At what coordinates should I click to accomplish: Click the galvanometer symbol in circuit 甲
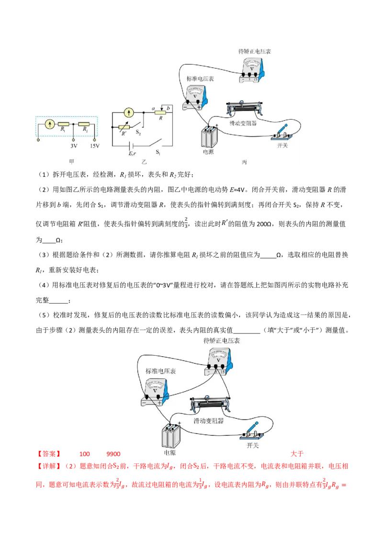tap(50, 124)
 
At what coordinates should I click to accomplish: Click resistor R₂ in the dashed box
tap(84, 124)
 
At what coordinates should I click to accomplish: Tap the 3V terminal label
tap(74, 146)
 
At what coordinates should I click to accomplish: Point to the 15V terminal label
tap(94, 146)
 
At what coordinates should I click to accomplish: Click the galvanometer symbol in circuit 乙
tap(129, 113)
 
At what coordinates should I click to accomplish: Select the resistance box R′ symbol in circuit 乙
tap(124, 127)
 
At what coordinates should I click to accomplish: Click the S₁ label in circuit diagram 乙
tap(158, 152)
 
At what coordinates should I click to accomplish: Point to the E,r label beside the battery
tap(133, 153)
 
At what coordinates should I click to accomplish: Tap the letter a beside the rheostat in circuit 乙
tap(153, 109)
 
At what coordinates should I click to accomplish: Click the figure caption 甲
tap(71, 161)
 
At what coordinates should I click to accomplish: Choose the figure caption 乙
tap(144, 161)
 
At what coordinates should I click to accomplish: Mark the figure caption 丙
tap(244, 162)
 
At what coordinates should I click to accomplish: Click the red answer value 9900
tap(113, 454)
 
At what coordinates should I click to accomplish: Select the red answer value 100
tap(84, 454)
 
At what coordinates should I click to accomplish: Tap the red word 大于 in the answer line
tap(297, 453)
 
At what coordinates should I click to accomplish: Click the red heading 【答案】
tap(49, 453)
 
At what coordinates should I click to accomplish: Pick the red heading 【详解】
tap(49, 466)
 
